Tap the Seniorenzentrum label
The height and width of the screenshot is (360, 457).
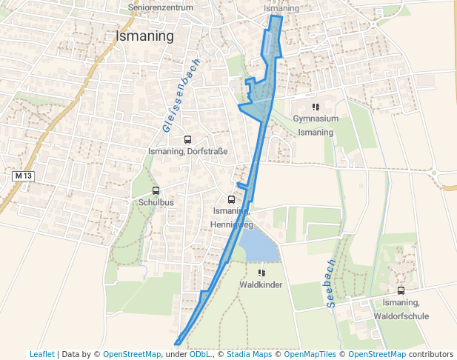[x=161, y=7]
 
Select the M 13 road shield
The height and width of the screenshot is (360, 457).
[x=24, y=176]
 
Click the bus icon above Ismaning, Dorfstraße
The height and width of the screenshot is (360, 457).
[x=187, y=139]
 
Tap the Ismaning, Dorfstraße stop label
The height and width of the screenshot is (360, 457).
[x=187, y=151]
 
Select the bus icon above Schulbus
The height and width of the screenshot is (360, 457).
[x=156, y=191]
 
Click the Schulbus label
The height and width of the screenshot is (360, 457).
[x=156, y=202]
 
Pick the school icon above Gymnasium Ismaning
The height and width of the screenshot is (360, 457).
[x=316, y=107]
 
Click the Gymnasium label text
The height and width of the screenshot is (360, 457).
[x=316, y=119]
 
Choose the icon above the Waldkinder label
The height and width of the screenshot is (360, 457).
[x=261, y=273]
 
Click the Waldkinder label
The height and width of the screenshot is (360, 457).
[x=261, y=284]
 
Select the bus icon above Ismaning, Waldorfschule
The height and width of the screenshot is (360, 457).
[x=401, y=291]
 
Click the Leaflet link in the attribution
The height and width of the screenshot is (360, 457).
[x=41, y=354]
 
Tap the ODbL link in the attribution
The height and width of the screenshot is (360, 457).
[x=200, y=354]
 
